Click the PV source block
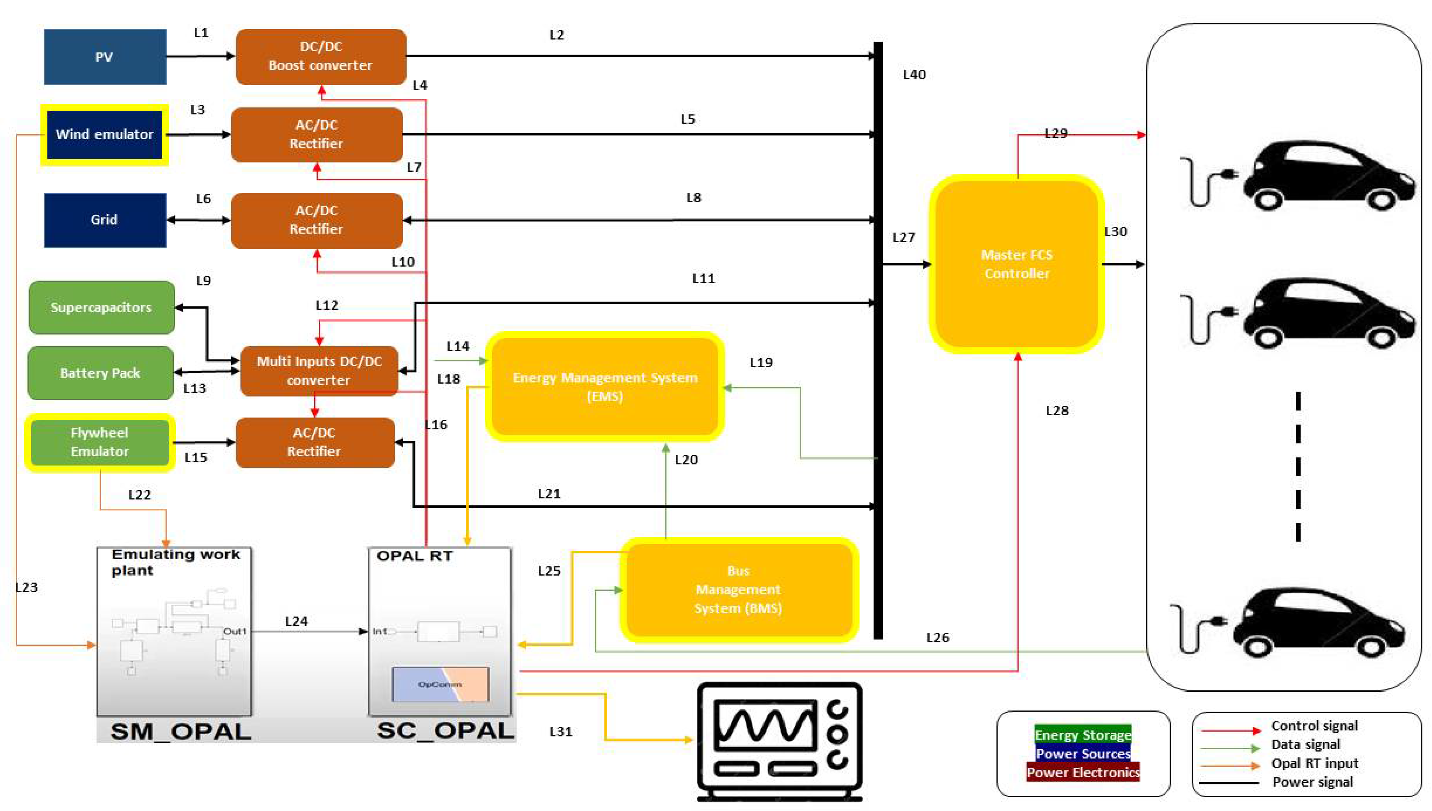(105, 57)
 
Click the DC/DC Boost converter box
(321, 56)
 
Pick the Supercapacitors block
(101, 307)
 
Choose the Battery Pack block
(100, 373)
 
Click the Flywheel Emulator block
(100, 442)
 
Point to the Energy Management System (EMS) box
(605, 386)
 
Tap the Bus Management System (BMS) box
(738, 589)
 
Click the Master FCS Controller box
(1017, 264)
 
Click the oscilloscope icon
(780, 741)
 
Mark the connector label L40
(914, 75)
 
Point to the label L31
(561, 731)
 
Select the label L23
(26, 587)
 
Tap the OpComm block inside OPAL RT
(440, 684)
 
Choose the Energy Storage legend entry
(1083, 735)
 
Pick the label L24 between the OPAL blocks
(296, 621)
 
